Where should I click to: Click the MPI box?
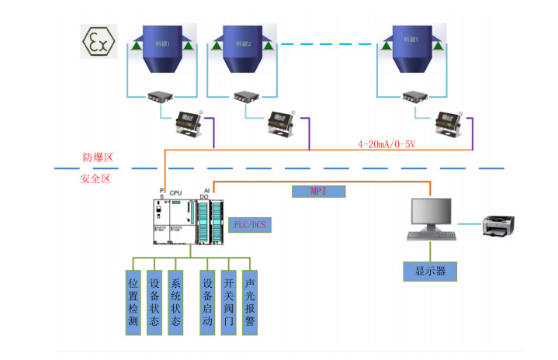click(x=318, y=191)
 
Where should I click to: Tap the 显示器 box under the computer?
click(x=430, y=272)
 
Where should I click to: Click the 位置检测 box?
click(x=133, y=303)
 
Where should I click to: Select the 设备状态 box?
click(x=154, y=303)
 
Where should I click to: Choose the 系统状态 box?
click(x=176, y=303)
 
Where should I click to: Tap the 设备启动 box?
click(x=207, y=303)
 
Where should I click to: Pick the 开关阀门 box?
click(x=229, y=303)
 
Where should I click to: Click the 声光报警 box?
click(x=250, y=303)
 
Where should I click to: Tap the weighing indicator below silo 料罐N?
click(x=449, y=120)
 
